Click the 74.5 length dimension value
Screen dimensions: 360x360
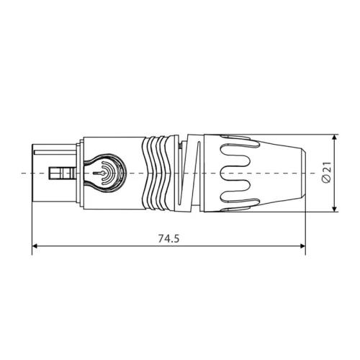(167, 238)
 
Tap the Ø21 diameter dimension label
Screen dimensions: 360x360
(326, 173)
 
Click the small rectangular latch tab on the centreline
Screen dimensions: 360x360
(62, 174)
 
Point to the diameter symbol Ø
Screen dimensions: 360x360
(326, 181)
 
